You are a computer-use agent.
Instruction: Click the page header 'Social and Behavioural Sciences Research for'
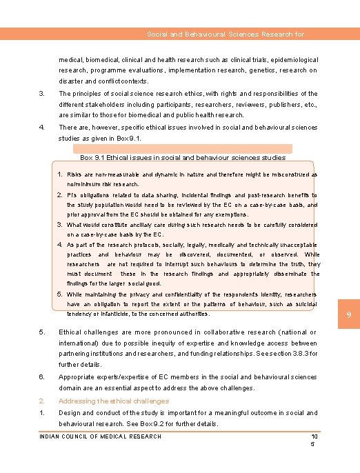click(226, 34)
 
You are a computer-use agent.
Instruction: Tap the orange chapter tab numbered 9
click(349, 316)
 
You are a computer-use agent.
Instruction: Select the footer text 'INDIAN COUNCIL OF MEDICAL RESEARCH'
click(101, 436)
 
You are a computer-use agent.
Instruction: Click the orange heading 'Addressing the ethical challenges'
click(114, 401)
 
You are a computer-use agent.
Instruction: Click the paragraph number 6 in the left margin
click(42, 377)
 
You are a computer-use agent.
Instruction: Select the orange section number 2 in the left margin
click(42, 401)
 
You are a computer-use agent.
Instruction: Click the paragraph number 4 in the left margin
click(42, 127)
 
